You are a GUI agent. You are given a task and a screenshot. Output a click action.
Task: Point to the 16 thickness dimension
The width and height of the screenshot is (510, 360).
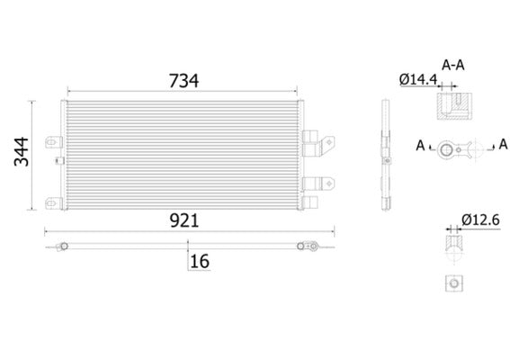200,261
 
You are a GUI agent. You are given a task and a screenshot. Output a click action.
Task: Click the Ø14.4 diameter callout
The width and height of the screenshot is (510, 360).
416,79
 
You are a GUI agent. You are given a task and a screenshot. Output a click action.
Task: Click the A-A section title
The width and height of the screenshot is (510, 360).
453,64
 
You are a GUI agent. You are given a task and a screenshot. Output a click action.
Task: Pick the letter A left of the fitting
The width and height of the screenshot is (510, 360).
420,144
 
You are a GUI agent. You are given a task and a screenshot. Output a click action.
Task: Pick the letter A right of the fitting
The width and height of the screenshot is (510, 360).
503,144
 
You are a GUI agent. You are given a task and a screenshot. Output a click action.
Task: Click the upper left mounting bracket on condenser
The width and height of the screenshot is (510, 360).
56,141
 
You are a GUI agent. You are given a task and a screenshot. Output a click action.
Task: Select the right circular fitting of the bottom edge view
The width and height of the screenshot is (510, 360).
304,245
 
